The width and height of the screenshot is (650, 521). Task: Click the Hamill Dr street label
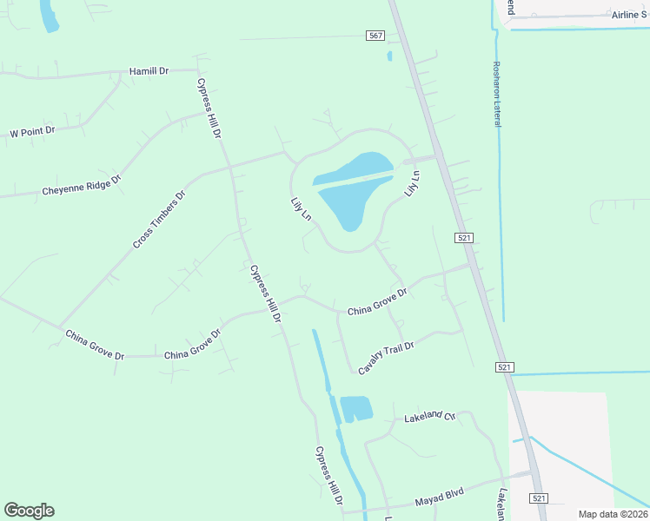coord(149,70)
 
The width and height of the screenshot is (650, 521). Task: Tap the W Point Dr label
coord(32,132)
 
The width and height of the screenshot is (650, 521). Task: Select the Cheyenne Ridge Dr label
coord(81,184)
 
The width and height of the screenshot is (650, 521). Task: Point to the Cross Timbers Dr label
coord(159,221)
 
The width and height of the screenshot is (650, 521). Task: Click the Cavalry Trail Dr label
coord(387,358)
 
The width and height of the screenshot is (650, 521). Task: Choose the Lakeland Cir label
coord(430,418)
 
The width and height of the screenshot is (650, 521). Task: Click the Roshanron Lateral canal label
coord(497,94)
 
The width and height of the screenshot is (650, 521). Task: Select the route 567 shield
coord(375,36)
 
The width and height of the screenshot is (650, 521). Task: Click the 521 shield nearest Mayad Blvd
coord(539,498)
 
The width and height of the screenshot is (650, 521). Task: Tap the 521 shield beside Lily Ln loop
coord(463,237)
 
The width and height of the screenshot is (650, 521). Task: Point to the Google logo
coord(29,511)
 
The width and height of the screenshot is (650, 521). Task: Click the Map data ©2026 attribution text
coord(613,514)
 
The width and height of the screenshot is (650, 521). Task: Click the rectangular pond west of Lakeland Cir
coord(355,408)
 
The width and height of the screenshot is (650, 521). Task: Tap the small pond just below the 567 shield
coord(389,56)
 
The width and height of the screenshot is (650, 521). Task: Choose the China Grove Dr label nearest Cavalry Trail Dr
coord(377,303)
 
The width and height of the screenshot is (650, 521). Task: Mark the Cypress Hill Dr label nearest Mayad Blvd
coord(329,477)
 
